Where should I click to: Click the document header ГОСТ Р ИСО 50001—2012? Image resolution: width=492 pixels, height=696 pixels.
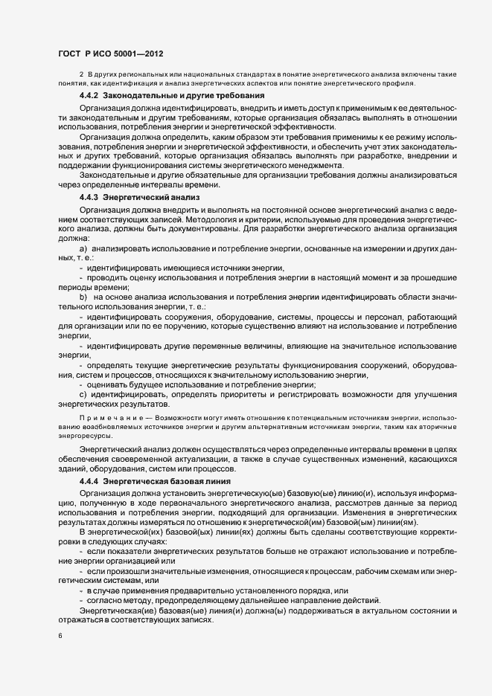click(x=110, y=54)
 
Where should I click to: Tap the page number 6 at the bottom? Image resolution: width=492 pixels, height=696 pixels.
click(x=60, y=637)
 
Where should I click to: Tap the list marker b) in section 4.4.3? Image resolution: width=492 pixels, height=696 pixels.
click(x=83, y=297)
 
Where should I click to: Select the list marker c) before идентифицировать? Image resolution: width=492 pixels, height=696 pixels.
click(x=83, y=394)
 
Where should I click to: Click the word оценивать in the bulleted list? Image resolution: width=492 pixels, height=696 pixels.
click(x=109, y=384)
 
